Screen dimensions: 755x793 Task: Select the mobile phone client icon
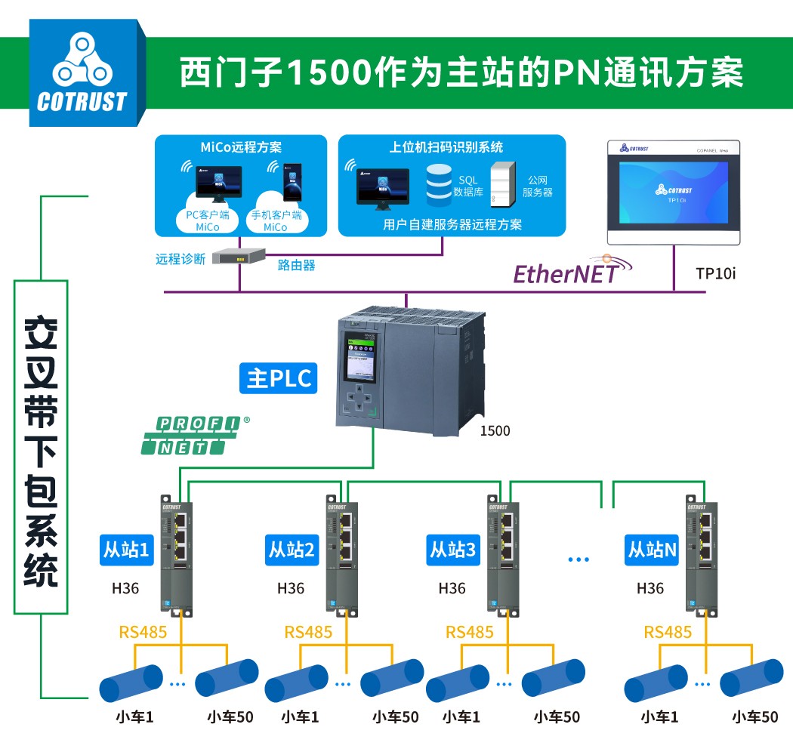291,180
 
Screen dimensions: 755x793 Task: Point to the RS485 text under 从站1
143,632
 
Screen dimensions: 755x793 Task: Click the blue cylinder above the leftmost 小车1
131,683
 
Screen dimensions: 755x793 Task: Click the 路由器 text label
296,264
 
